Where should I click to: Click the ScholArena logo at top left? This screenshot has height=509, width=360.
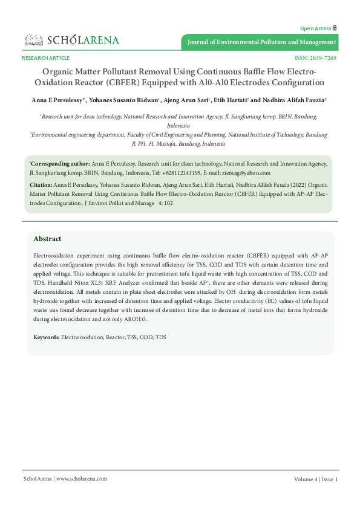(71, 41)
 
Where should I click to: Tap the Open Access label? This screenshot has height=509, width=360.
(315, 28)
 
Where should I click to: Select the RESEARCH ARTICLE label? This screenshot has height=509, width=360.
(45, 58)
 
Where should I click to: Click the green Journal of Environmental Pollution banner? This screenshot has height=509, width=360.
(261, 42)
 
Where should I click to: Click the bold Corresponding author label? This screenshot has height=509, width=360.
(59, 164)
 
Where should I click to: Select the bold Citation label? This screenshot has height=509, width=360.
(41, 183)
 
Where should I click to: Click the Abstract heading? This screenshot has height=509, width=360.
(47, 239)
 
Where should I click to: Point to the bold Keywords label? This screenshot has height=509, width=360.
(46, 336)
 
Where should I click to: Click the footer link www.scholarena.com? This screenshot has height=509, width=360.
(82, 479)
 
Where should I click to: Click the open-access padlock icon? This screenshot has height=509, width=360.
(335, 28)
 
